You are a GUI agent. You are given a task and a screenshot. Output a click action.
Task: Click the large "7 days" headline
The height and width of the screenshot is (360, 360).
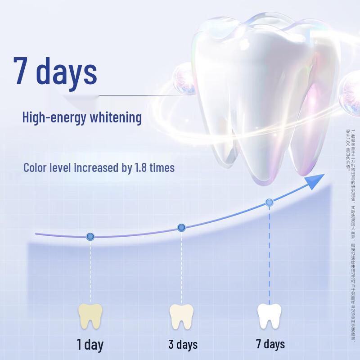pos(55,71)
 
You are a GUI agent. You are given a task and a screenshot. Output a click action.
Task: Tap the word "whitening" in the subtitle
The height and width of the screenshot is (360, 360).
pos(115,118)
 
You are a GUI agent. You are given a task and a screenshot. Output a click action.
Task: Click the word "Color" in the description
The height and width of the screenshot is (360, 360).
pos(35,168)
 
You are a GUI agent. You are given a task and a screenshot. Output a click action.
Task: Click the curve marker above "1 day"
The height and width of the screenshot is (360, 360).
pos(90,236)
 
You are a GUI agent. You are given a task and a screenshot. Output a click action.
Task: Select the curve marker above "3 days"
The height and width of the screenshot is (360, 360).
pos(181,228)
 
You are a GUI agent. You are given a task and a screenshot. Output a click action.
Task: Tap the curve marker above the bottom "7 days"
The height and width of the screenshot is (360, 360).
pos(269,202)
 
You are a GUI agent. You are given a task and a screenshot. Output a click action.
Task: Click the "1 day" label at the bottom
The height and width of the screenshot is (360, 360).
pos(90,345)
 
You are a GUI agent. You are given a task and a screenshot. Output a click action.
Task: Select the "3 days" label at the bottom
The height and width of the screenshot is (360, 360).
pos(183,345)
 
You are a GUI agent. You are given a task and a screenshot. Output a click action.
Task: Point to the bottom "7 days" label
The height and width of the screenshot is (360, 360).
pos(270,345)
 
